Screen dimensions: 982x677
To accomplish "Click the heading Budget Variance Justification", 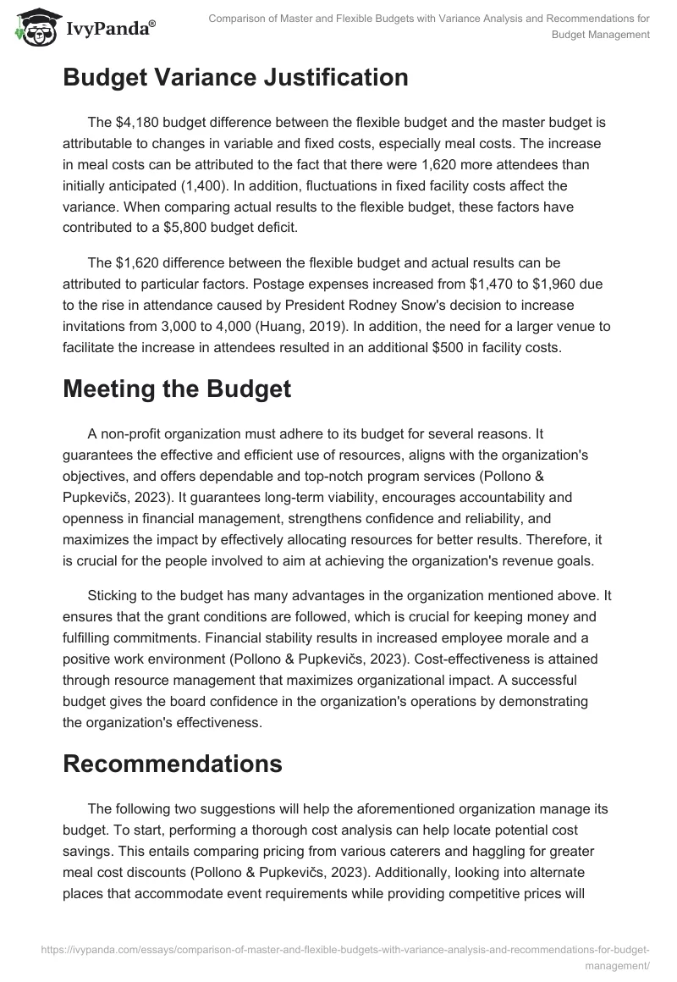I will (x=235, y=78).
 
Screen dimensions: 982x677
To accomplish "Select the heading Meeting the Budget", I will (x=177, y=389).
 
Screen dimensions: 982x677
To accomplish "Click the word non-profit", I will (x=135, y=435).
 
